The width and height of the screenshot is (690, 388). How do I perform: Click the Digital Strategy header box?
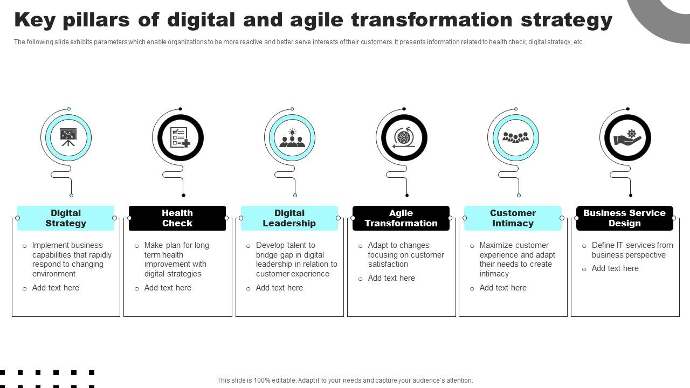coord(66,218)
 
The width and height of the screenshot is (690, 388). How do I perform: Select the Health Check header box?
coord(177,218)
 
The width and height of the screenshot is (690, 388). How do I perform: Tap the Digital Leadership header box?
coord(289,218)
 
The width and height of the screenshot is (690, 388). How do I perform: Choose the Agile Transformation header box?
coord(401,218)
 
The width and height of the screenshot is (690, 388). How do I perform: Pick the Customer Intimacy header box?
coord(513,218)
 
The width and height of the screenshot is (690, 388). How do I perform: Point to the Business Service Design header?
coord(624,218)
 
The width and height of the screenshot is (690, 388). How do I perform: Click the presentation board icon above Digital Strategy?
coord(68,137)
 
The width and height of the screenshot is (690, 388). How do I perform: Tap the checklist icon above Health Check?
coord(180,137)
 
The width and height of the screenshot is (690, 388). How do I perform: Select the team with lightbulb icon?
coord(292,138)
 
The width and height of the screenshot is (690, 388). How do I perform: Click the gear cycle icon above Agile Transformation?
coord(403,138)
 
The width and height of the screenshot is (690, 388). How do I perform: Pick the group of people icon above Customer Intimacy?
coord(515,137)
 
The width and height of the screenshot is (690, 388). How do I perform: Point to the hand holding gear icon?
coord(627,137)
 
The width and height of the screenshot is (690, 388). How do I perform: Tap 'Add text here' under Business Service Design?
coord(615,268)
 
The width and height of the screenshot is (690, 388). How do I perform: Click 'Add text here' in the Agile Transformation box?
coord(391,278)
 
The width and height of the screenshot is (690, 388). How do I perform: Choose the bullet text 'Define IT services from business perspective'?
coord(632,250)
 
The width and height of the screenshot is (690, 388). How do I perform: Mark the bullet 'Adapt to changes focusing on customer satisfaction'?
coord(405,255)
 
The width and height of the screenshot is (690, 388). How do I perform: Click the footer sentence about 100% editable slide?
coord(345,380)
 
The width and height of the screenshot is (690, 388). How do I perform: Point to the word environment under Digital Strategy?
coord(54,274)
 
